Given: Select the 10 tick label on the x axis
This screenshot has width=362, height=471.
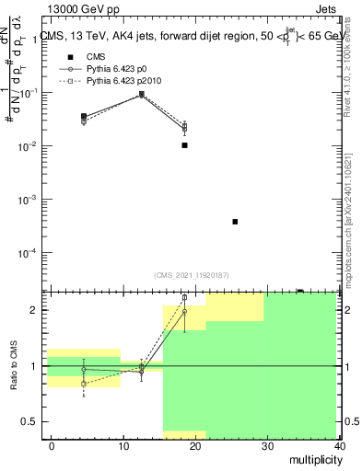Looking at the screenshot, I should point(123,446).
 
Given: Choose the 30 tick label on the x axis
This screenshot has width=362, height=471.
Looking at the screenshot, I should point(268,446).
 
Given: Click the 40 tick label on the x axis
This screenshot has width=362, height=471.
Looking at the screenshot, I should point(339,446).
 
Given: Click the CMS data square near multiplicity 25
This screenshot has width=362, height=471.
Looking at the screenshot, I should point(236,222).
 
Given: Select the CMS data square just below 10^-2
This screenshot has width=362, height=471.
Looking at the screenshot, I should point(185,145).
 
